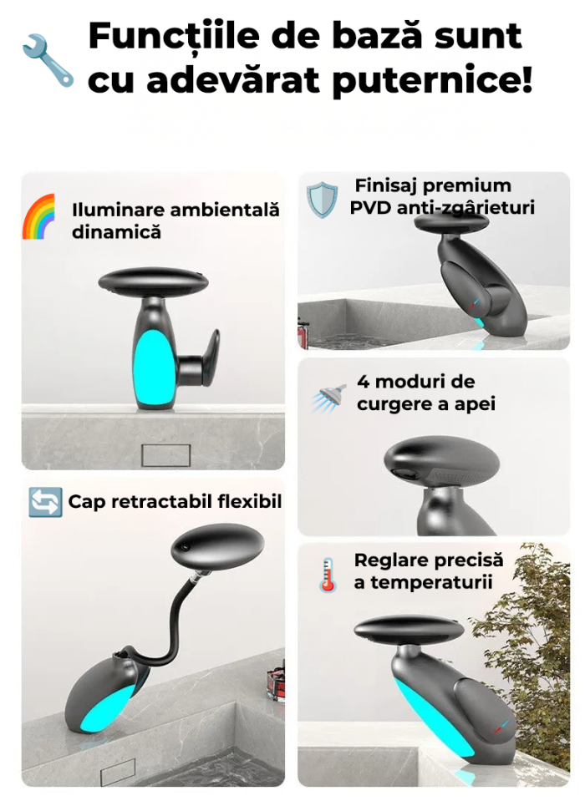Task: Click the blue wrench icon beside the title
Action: (48, 60)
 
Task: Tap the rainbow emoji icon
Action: (38, 216)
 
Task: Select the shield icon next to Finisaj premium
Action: (322, 200)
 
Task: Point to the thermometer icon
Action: (328, 575)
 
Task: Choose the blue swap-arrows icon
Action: (45, 502)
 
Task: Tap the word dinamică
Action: (116, 232)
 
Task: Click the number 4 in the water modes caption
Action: (363, 382)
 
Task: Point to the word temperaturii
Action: (431, 582)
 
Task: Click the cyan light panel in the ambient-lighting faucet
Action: (153, 365)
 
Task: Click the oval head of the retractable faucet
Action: (217, 545)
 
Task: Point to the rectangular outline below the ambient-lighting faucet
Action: (166, 455)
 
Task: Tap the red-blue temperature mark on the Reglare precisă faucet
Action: (501, 727)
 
